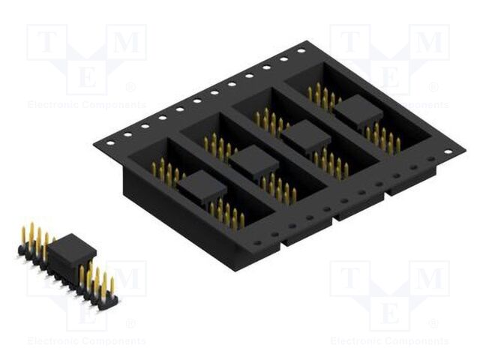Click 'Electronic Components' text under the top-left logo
coord(86,105)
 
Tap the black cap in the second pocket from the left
coord(253,160)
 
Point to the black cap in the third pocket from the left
coord(305,136)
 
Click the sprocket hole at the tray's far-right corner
coord(448,151)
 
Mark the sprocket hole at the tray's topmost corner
coord(301,51)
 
